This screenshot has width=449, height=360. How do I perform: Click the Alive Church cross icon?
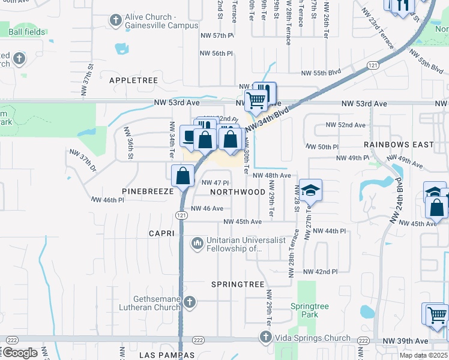click(115, 21)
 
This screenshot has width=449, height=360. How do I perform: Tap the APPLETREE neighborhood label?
click(133, 80)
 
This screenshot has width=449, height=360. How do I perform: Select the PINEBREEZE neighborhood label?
click(148, 192)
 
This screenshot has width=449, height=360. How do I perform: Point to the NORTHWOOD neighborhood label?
click(238, 192)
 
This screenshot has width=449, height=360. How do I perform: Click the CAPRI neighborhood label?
click(162, 233)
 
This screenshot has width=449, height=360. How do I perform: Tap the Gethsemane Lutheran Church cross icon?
click(190, 302)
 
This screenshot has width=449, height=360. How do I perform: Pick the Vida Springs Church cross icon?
click(266, 337)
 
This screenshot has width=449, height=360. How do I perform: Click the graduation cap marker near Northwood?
click(310, 190)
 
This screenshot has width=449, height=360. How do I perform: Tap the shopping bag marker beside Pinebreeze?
click(182, 176)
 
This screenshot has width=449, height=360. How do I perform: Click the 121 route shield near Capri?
click(181, 215)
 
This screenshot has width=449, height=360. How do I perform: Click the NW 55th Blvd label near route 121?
click(321, 73)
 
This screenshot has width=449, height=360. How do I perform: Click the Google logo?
click(20, 352)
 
